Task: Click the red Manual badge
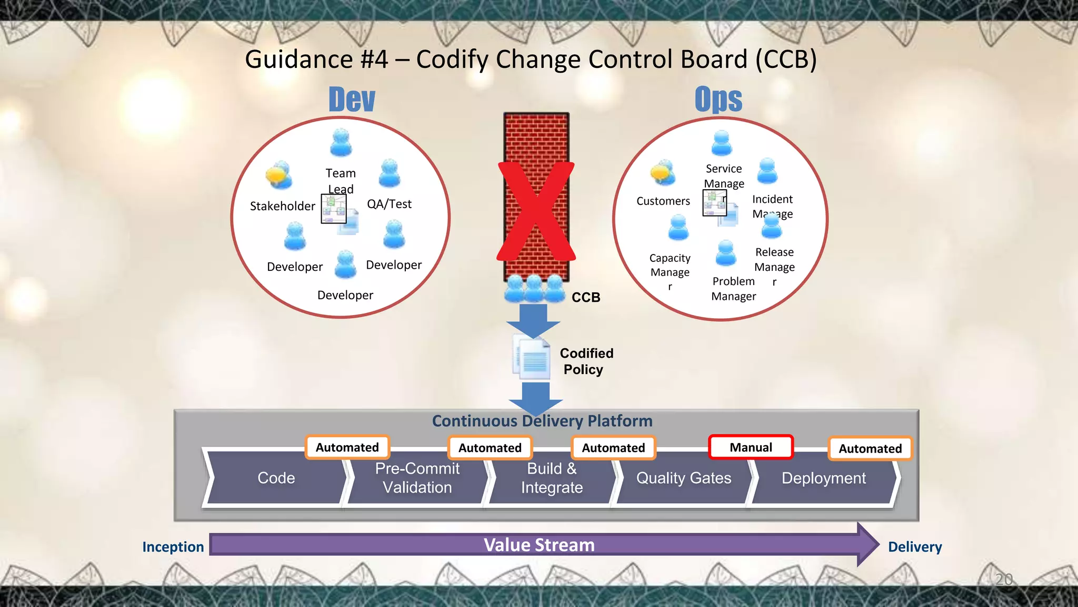(x=751, y=447)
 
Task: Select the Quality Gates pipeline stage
(x=683, y=478)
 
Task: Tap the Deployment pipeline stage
(x=823, y=478)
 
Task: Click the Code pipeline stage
(x=276, y=478)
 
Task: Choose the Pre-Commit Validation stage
(x=417, y=478)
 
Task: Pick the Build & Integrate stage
(x=552, y=478)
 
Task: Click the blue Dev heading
(x=352, y=99)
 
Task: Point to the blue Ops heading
(x=718, y=99)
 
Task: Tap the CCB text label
(x=586, y=297)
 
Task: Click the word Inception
(x=173, y=547)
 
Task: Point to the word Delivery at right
(x=915, y=547)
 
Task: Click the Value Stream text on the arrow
(x=539, y=545)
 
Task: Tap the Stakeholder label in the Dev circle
(x=282, y=206)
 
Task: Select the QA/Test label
(x=389, y=204)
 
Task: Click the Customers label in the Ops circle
(x=663, y=201)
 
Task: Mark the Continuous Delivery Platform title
(x=542, y=421)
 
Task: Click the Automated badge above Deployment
(x=870, y=448)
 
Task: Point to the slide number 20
(x=1004, y=580)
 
